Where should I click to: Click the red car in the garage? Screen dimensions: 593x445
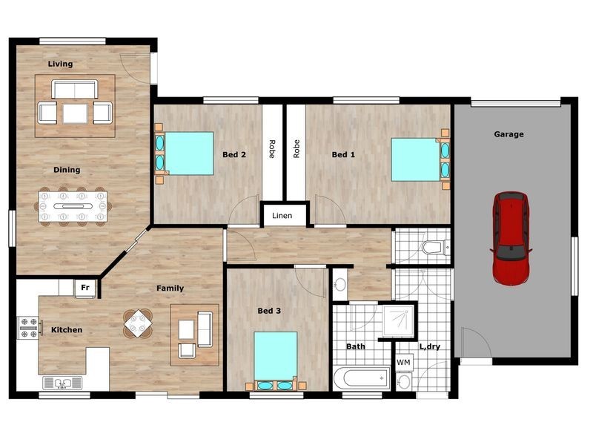pos(511,238)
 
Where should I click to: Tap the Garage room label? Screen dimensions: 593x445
pos(508,134)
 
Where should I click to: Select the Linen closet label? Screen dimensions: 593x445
pos(282,216)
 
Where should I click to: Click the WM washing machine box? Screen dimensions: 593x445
pos(404,363)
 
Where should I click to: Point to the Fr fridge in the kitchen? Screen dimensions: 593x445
pos(85,289)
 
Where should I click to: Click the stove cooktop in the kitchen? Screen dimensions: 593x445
pos(29,328)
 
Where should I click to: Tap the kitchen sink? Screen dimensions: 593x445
pos(62,383)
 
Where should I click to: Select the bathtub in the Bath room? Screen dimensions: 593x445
pos(362,378)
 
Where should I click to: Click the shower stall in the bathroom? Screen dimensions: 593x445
pos(398,322)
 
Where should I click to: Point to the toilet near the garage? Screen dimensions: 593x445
pos(436,247)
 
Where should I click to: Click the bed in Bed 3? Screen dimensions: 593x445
pos(275,360)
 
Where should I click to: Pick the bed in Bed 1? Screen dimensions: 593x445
pos(420,159)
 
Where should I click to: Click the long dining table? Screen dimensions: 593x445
pos(73,207)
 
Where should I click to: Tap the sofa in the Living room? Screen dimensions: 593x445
pos(75,89)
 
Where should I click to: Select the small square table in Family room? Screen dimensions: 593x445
pos(139,323)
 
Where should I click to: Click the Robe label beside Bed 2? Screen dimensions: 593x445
pos(272,149)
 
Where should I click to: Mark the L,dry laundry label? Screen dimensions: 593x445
pos(430,346)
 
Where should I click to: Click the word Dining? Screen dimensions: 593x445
pos(67,170)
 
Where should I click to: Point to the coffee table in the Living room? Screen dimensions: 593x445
pos(75,113)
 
